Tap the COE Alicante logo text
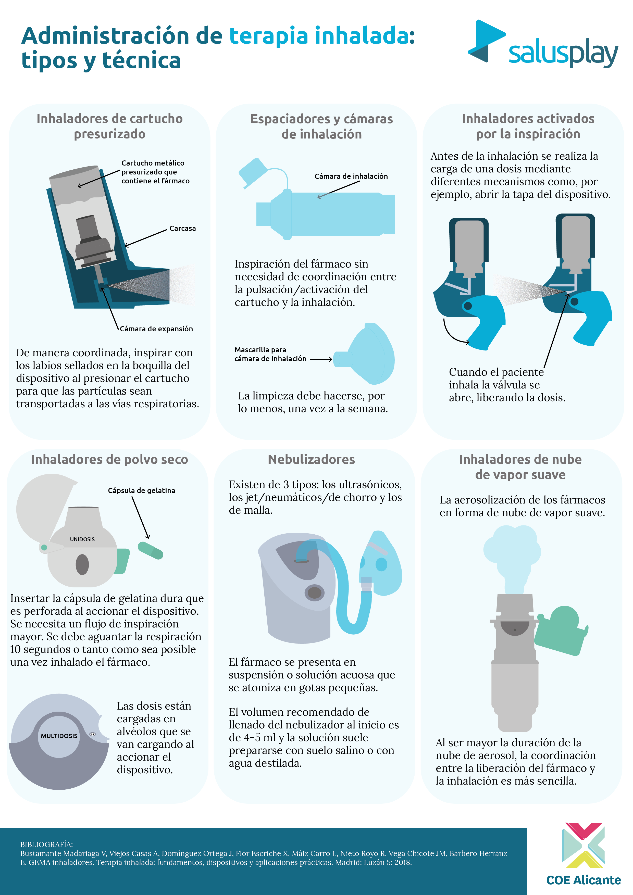point(583,880)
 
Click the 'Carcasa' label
point(182,229)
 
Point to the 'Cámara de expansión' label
point(156,329)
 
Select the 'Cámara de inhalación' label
point(351,176)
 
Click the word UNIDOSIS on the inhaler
point(82,539)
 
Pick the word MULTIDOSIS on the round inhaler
point(59,736)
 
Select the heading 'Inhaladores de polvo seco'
point(110,460)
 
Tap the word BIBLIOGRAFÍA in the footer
point(46,844)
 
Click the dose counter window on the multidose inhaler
point(92,734)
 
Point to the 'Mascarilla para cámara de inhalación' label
point(270,354)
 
